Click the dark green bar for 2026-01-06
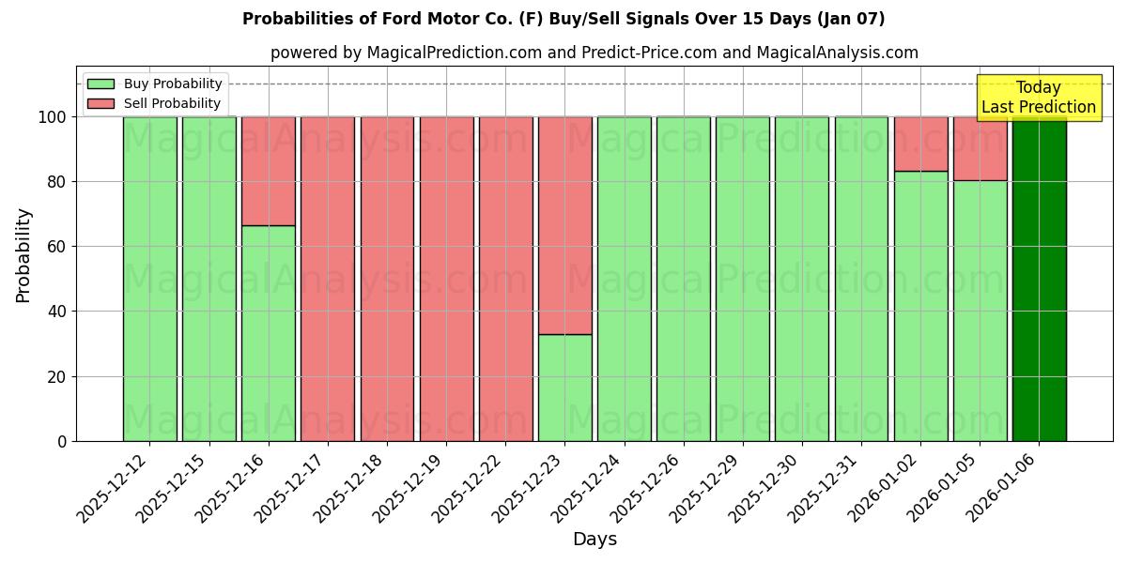[1039, 279]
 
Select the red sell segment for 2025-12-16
[269, 171]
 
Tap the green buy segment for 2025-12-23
[565, 388]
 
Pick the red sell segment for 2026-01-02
[920, 144]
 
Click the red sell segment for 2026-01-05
[980, 148]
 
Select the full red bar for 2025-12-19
[446, 279]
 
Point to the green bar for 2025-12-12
[149, 279]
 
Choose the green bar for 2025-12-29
[743, 279]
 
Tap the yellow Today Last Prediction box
[1038, 98]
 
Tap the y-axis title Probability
[23, 254]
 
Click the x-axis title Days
[594, 540]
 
